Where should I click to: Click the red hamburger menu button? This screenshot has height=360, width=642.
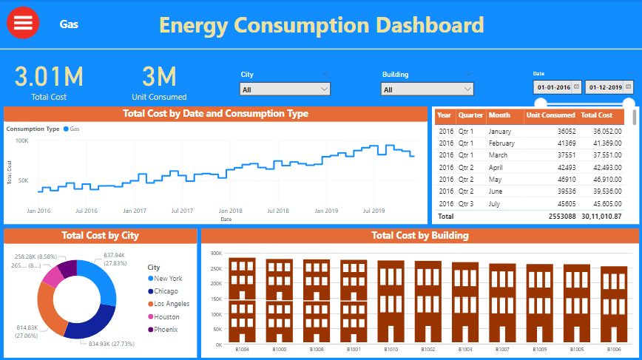coord(23,24)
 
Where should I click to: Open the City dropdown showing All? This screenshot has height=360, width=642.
coord(285,89)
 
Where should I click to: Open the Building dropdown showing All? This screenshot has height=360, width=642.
coord(427,89)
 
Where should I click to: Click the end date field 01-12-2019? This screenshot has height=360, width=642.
coord(609,87)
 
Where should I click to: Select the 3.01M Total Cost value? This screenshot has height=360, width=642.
coord(49,76)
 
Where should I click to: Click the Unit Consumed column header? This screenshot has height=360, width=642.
coord(550,115)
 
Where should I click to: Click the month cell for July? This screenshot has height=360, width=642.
coord(495,203)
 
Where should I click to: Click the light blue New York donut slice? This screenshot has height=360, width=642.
coord(103,282)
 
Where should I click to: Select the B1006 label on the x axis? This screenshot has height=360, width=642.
coord(613,350)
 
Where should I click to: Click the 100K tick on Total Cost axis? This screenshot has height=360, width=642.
coord(22,140)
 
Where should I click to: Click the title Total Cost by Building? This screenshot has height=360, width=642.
coord(419,236)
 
